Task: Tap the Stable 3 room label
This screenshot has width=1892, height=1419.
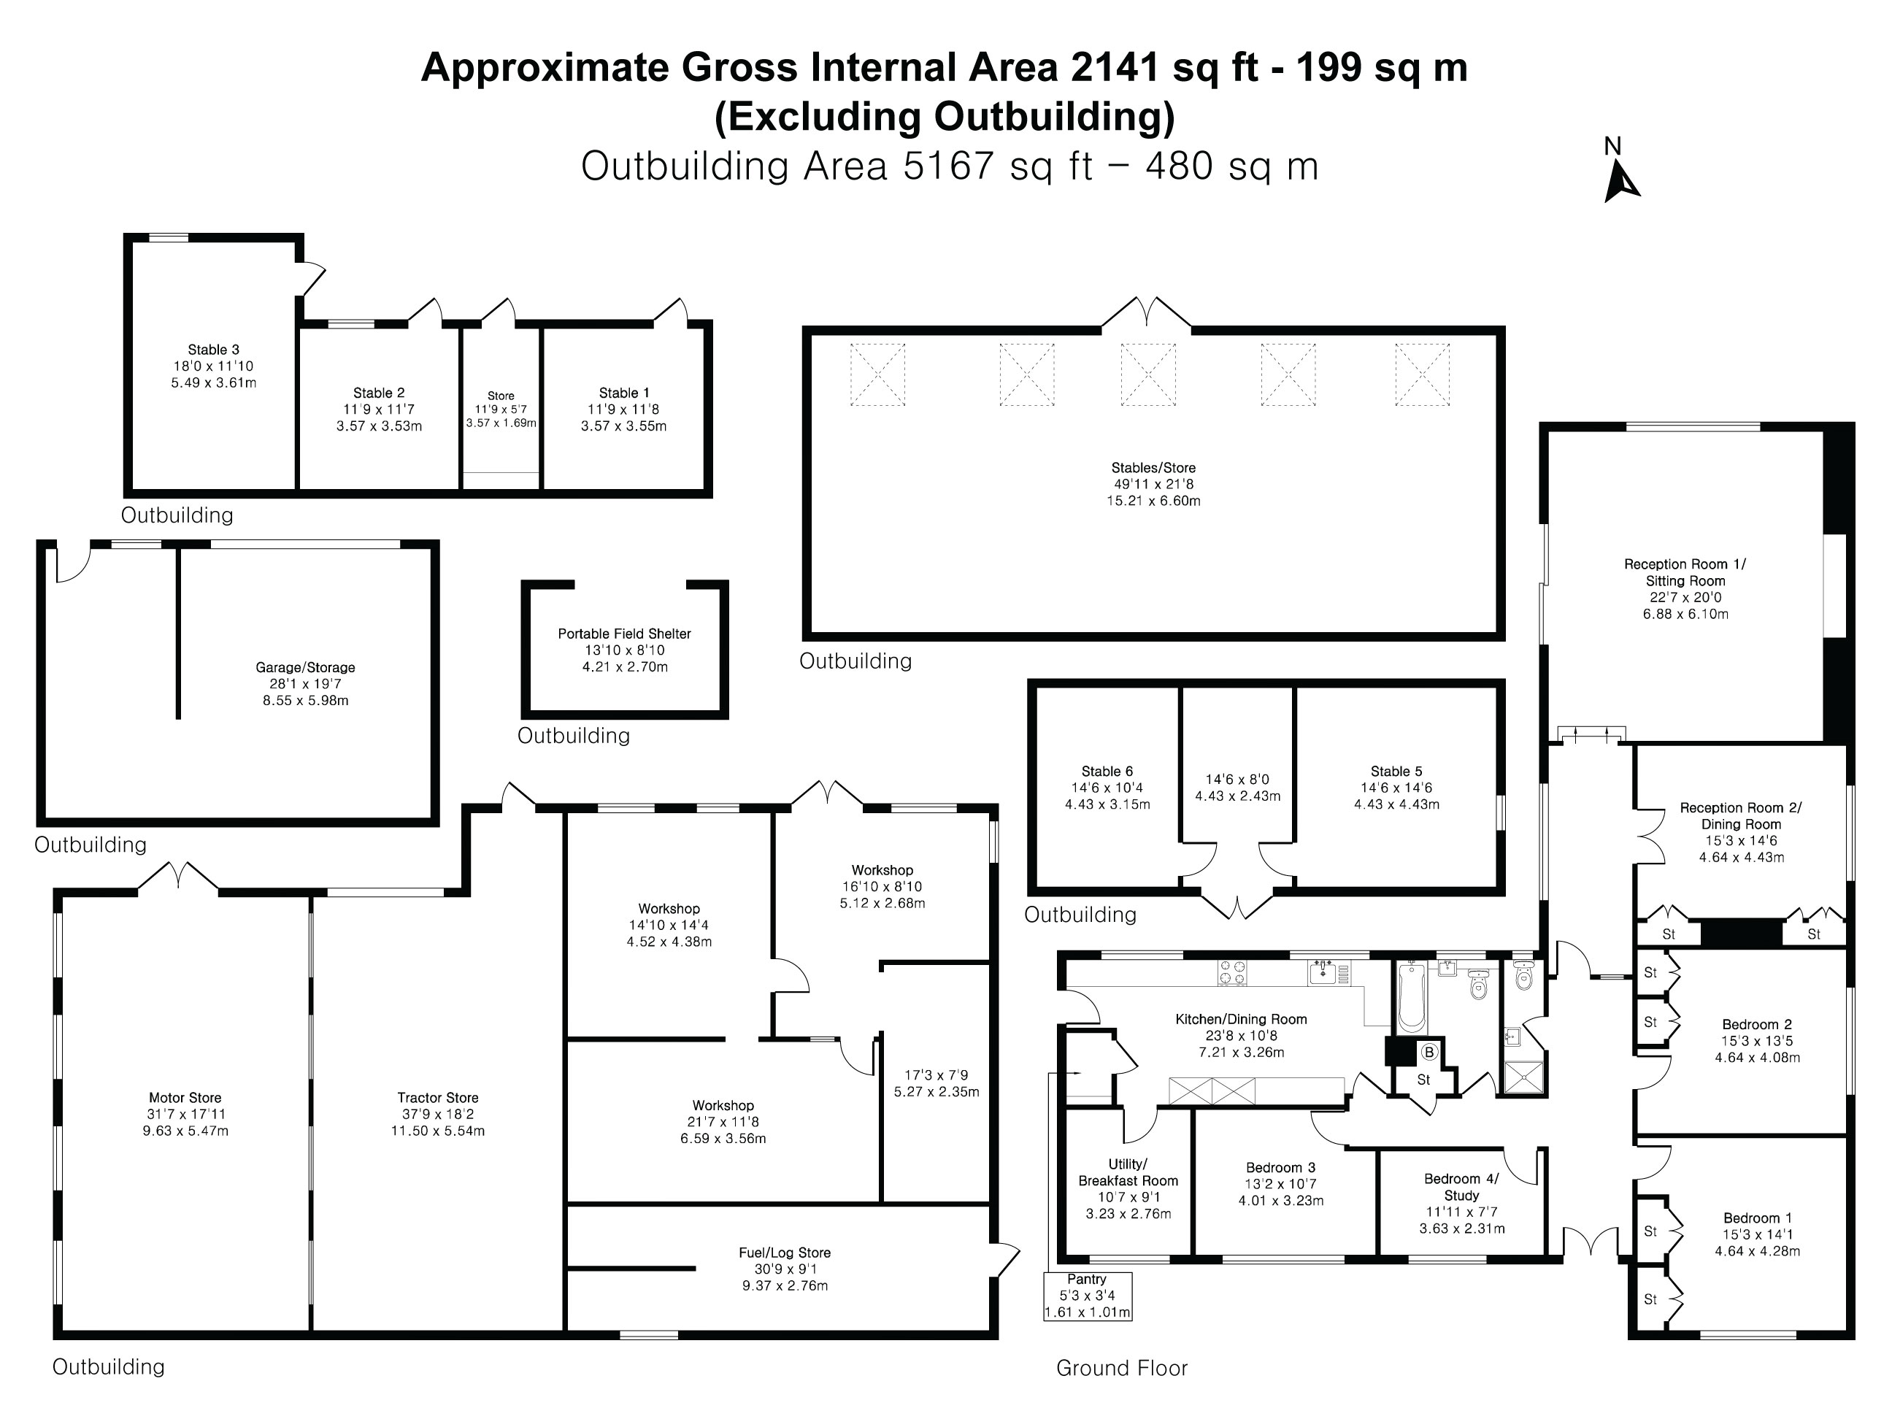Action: click(214, 349)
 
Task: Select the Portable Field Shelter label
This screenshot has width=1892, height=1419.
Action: click(624, 634)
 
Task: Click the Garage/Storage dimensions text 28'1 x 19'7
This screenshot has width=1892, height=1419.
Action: click(305, 684)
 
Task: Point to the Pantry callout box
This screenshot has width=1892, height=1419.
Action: click(1087, 1296)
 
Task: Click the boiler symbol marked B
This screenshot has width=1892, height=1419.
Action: click(1428, 1053)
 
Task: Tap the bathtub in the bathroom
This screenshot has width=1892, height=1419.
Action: click(1410, 996)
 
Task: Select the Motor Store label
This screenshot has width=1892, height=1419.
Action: click(185, 1097)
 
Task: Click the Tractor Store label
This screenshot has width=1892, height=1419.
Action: click(437, 1097)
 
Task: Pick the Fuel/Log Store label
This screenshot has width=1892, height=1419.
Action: click(785, 1253)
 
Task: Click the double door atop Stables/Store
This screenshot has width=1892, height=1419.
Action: click(1146, 312)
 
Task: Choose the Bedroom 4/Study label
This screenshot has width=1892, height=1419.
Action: click(1461, 1186)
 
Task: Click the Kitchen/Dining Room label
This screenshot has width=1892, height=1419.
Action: click(1241, 1019)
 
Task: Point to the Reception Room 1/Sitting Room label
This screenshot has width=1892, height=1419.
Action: click(1685, 572)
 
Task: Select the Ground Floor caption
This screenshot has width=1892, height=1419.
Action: click(1121, 1368)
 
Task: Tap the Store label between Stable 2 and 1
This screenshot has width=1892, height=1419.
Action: click(501, 396)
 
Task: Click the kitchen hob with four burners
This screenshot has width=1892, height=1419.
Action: click(1233, 973)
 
